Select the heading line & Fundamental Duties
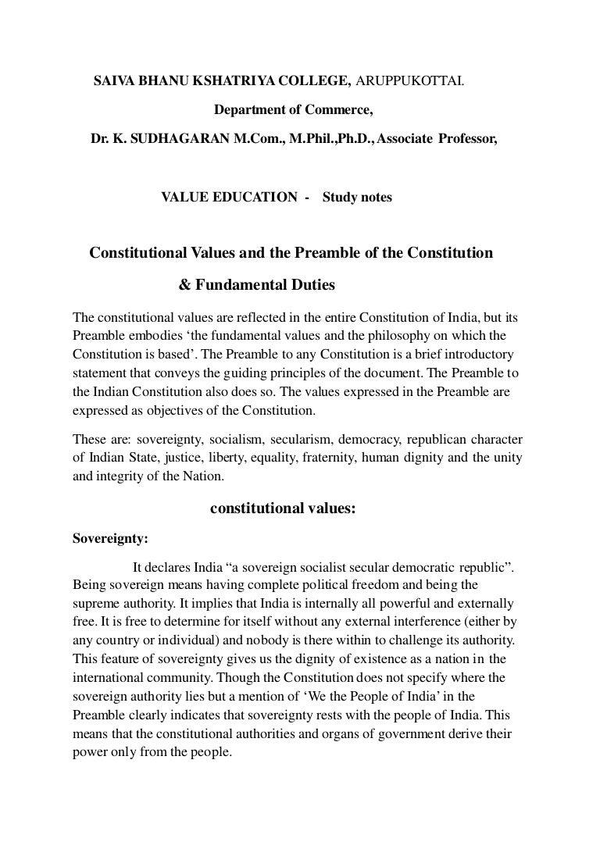tap(257, 285)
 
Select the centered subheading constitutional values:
tap(284, 508)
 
